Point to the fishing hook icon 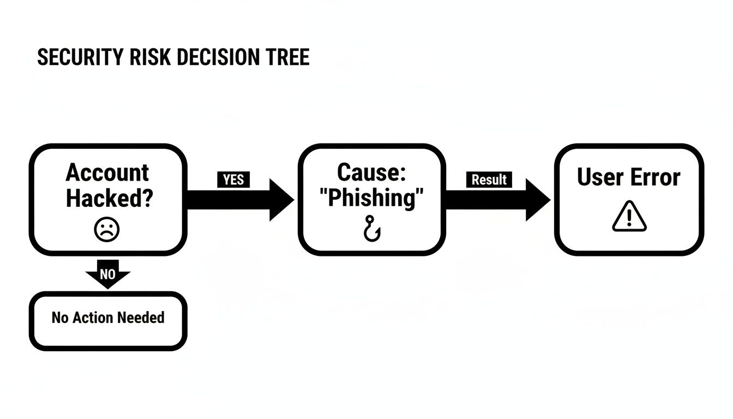tap(372, 228)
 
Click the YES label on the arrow tap(233, 179)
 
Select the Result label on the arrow tap(489, 179)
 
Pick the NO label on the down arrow tap(107, 274)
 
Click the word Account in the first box tap(107, 173)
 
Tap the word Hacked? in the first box tap(108, 199)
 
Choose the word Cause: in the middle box tap(372, 172)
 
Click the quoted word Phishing tap(372, 198)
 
